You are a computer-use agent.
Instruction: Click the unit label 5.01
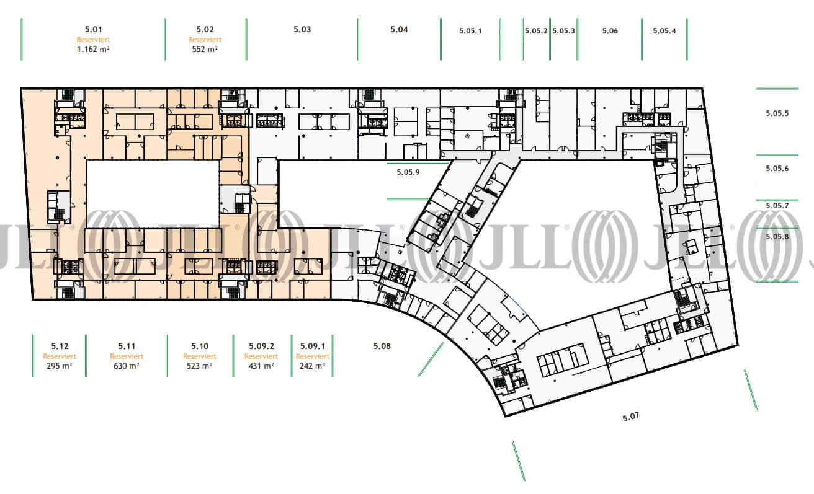point(94,29)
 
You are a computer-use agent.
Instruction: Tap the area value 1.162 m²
point(94,49)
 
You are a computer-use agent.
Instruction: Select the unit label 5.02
point(205,29)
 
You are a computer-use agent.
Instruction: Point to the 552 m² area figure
point(205,49)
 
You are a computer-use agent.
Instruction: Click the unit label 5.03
point(302,29)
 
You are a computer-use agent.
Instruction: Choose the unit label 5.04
point(399,29)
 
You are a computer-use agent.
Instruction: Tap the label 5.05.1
point(470,31)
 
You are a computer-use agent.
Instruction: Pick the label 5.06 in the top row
point(610,31)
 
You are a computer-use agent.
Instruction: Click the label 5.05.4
point(664,31)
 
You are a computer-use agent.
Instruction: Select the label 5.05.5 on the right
point(777,113)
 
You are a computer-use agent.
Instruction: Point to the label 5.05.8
point(777,237)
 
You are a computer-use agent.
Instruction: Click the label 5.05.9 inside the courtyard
point(408,172)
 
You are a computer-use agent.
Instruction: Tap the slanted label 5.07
point(630,417)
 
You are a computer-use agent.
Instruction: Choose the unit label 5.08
point(382,346)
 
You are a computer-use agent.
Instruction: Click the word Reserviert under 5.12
point(60,356)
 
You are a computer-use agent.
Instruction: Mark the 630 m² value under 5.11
point(127,366)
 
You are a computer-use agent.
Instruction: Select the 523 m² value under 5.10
point(200,366)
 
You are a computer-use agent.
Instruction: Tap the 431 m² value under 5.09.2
point(261,366)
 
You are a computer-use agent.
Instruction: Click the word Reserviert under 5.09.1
point(313,356)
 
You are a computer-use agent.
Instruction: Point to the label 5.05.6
point(777,169)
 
